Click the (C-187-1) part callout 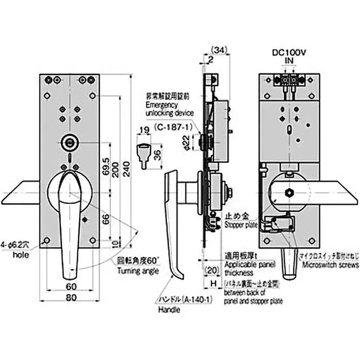click(171, 127)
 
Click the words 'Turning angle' click(139, 271)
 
